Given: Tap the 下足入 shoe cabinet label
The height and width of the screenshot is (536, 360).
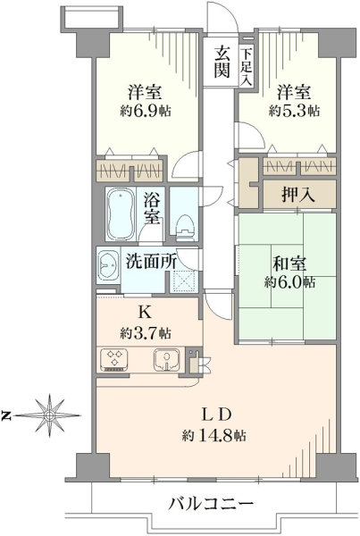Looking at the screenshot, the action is [246, 67].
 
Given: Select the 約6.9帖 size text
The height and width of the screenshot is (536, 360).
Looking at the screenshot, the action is [146, 111].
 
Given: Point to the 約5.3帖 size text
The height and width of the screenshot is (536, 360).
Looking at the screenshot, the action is [295, 111].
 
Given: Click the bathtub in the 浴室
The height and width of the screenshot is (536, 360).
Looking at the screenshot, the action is [121, 214].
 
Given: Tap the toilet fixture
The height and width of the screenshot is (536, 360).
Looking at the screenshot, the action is [185, 227].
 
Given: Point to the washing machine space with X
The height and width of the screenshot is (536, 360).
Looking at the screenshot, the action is [185, 281].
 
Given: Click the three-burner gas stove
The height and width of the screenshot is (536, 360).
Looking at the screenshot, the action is [115, 360].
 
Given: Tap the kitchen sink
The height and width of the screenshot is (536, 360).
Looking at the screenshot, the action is [167, 360].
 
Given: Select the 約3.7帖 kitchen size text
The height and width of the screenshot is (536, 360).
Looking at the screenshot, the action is [146, 332].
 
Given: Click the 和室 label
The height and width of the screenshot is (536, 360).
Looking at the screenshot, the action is [289, 264].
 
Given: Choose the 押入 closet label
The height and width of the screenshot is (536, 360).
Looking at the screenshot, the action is [298, 195].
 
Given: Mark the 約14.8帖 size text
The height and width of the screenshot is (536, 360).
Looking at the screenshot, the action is [214, 436].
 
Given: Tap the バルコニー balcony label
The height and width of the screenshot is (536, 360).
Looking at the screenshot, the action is [211, 504].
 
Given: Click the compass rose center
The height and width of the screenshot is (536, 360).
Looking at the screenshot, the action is [50, 415].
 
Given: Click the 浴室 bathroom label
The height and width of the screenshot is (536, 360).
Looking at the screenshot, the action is [152, 208].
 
